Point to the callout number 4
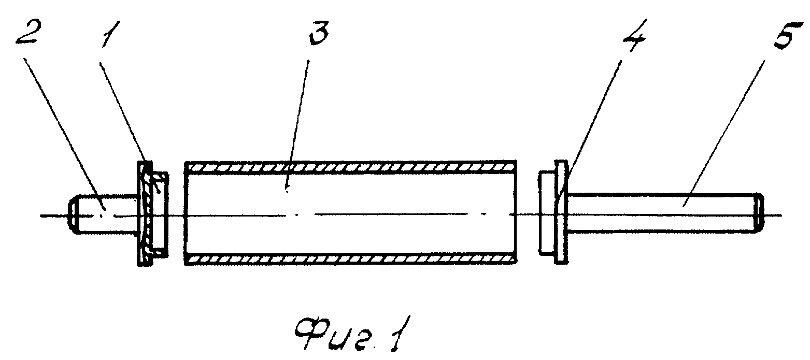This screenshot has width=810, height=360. [635, 35]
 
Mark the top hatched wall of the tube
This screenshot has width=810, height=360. [350, 167]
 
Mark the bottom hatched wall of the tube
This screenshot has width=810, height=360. [350, 259]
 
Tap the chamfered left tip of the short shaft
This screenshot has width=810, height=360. [72, 214]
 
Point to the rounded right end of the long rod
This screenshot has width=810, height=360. [759, 213]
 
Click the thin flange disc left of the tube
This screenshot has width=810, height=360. [145, 213]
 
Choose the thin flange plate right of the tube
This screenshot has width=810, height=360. [561, 212]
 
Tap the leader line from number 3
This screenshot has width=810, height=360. [297, 125]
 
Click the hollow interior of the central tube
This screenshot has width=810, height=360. [350, 213]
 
